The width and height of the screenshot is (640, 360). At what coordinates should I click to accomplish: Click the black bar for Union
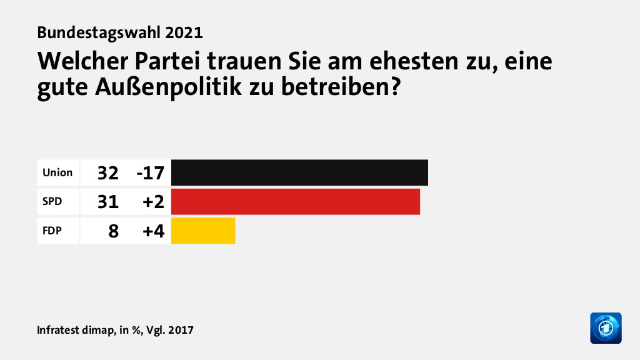click(x=299, y=172)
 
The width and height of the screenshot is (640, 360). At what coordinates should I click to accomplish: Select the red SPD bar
click(x=295, y=201)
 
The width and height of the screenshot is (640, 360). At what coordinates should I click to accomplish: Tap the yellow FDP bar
click(x=203, y=231)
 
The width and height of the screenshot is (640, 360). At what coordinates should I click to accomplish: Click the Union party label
click(x=57, y=172)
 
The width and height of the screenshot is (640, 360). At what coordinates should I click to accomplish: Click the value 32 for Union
click(x=107, y=173)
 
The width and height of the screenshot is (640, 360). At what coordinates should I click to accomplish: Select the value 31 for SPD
click(x=107, y=202)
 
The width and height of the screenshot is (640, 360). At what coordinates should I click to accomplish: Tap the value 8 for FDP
click(x=113, y=231)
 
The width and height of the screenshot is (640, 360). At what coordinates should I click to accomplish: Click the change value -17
click(x=150, y=173)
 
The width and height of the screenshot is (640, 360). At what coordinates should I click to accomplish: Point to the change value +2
click(x=153, y=202)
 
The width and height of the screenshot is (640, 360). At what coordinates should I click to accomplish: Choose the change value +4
click(x=153, y=231)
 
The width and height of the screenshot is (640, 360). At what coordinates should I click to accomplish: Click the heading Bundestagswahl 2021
click(x=120, y=32)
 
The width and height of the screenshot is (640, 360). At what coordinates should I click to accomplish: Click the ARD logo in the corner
click(x=606, y=327)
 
